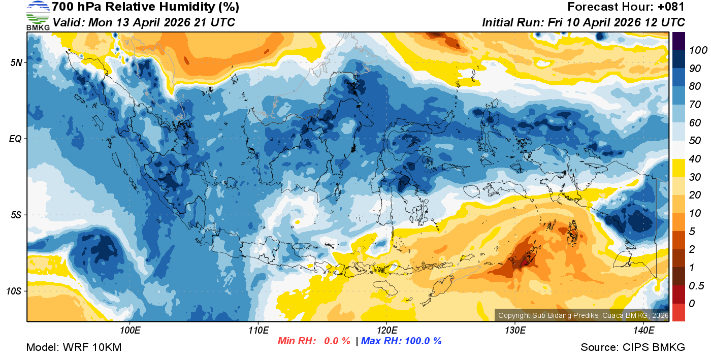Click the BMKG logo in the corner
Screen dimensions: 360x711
(38, 15)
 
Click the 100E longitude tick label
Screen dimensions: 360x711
(130, 331)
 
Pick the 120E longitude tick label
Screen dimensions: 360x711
(386, 331)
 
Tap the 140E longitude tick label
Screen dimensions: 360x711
(643, 331)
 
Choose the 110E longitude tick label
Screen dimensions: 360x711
(258, 331)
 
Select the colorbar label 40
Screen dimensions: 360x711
(695, 159)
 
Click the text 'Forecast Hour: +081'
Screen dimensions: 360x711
(626, 7)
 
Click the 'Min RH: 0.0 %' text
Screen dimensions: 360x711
(314, 341)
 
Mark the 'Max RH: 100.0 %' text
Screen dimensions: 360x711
(401, 341)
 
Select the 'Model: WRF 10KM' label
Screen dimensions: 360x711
(74, 348)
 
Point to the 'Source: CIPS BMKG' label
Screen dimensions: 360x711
(633, 348)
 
